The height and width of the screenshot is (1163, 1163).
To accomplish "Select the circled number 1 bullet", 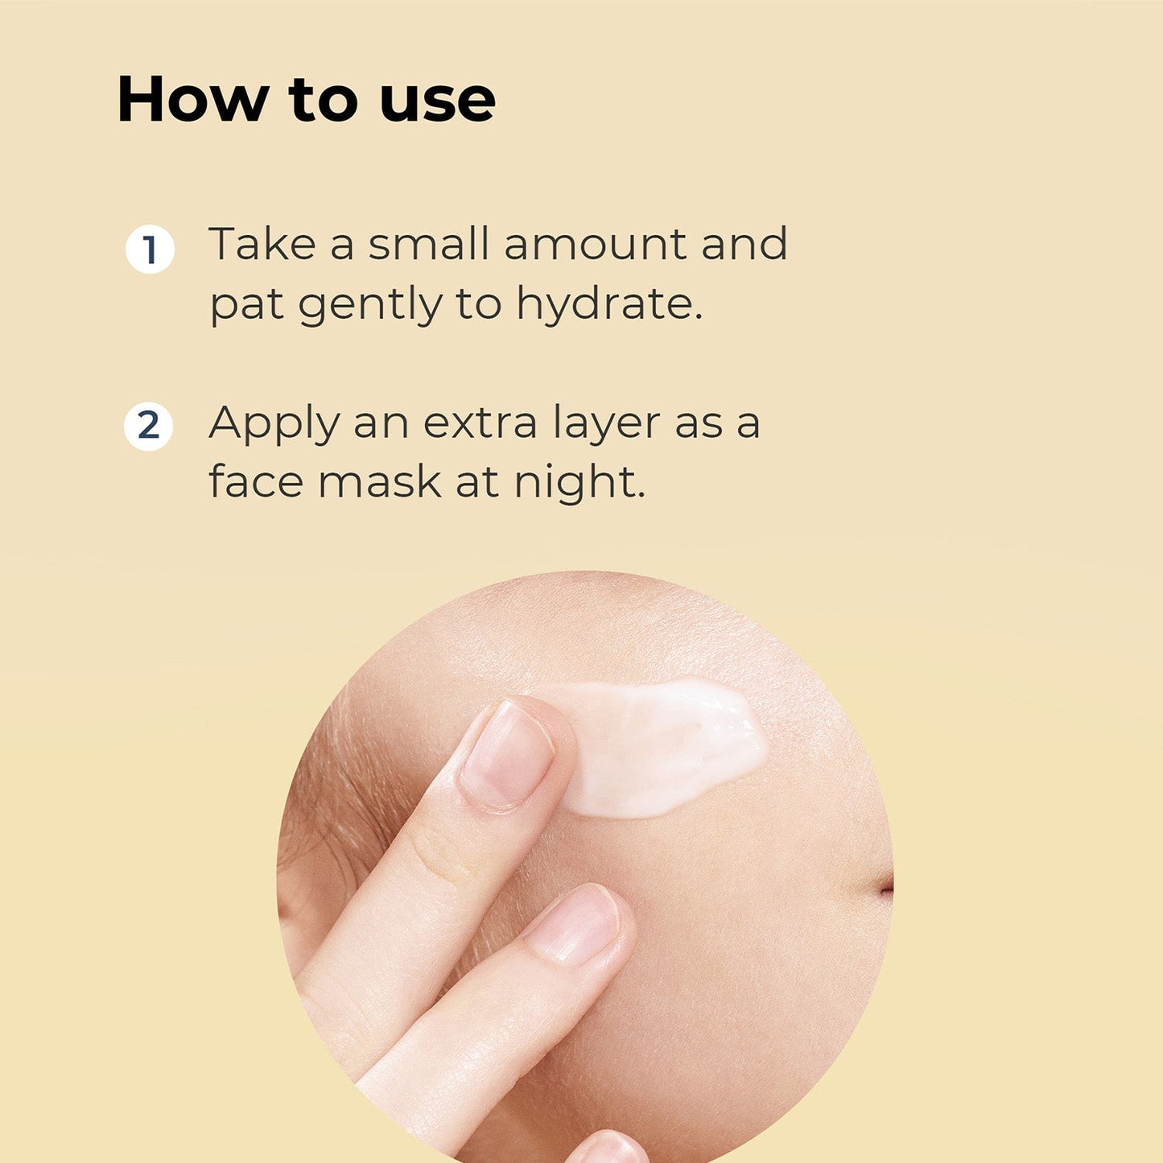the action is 150,250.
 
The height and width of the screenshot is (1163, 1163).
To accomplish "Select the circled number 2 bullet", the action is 148,426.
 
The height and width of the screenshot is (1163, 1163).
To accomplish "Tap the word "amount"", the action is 596,245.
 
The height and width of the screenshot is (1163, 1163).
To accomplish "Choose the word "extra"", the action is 480,423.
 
